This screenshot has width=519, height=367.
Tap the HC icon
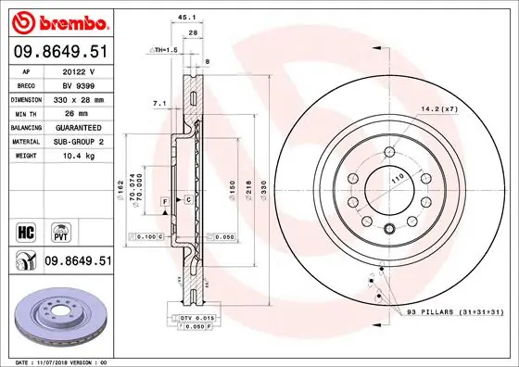(x=25, y=228)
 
